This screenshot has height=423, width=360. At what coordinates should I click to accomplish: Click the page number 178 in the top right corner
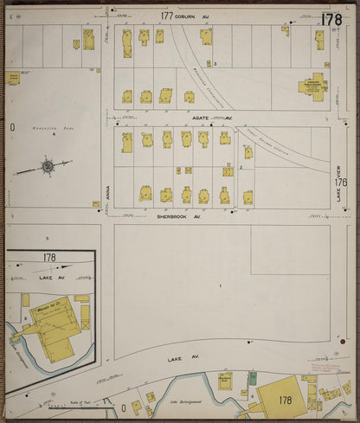tap(331, 18)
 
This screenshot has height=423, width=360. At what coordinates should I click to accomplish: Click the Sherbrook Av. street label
tap(178, 216)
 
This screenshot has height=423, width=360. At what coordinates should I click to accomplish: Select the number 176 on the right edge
tap(341, 183)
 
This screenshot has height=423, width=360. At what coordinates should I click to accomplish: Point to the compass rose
tap(48, 164)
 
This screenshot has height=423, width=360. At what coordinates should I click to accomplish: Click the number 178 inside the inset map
tap(49, 257)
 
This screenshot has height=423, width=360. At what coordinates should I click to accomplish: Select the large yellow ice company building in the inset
tap(54, 323)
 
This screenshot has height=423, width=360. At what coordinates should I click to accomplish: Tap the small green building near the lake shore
tap(253, 378)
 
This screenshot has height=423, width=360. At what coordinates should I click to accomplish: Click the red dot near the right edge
tap(343, 342)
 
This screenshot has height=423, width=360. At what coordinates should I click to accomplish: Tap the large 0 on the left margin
tap(13, 127)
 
